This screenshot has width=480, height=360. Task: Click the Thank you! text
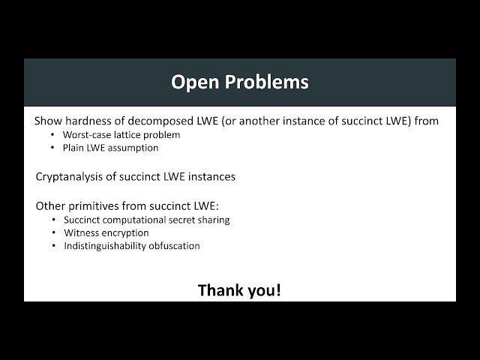[x=239, y=289]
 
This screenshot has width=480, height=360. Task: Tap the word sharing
[x=214, y=220]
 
